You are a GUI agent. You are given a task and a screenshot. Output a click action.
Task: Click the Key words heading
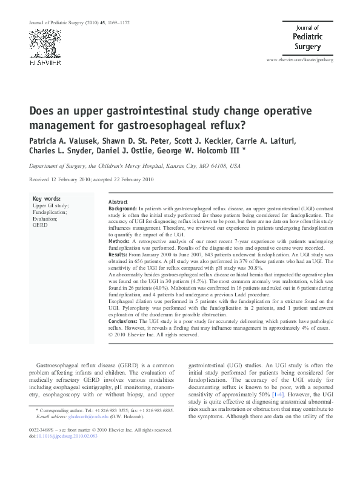pos(45,198)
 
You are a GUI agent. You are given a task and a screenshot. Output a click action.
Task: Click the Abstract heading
pos(118,201)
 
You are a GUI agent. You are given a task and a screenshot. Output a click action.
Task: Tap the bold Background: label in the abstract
pos(122,208)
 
